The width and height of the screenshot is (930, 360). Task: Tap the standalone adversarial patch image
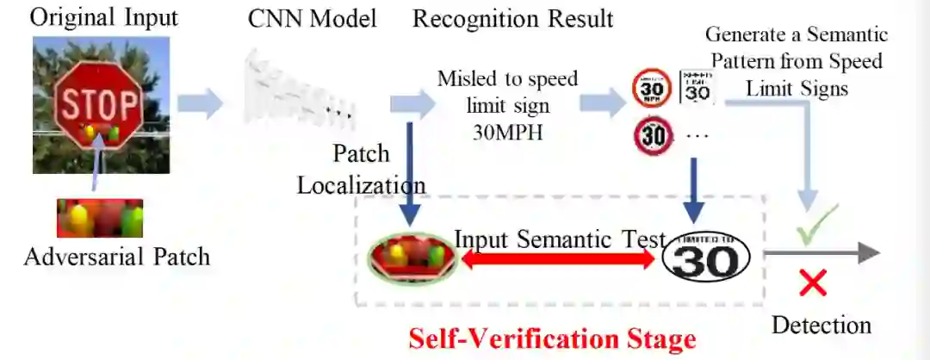click(x=99, y=218)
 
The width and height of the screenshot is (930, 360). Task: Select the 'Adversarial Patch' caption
click(x=117, y=256)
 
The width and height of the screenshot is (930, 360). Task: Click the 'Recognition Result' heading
click(x=512, y=18)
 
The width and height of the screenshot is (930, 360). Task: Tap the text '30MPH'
click(x=508, y=133)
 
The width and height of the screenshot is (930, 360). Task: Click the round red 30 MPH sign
click(x=651, y=89)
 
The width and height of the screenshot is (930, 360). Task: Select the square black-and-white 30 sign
click(x=697, y=86)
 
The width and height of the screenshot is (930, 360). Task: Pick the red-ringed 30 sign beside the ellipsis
click(x=653, y=136)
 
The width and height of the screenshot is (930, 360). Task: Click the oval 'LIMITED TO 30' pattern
click(x=706, y=257)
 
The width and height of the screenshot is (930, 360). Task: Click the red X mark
click(x=813, y=282)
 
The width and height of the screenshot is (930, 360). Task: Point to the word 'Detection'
click(x=821, y=325)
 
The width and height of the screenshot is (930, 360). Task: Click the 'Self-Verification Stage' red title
click(x=551, y=338)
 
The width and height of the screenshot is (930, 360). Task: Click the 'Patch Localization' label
click(x=362, y=170)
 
